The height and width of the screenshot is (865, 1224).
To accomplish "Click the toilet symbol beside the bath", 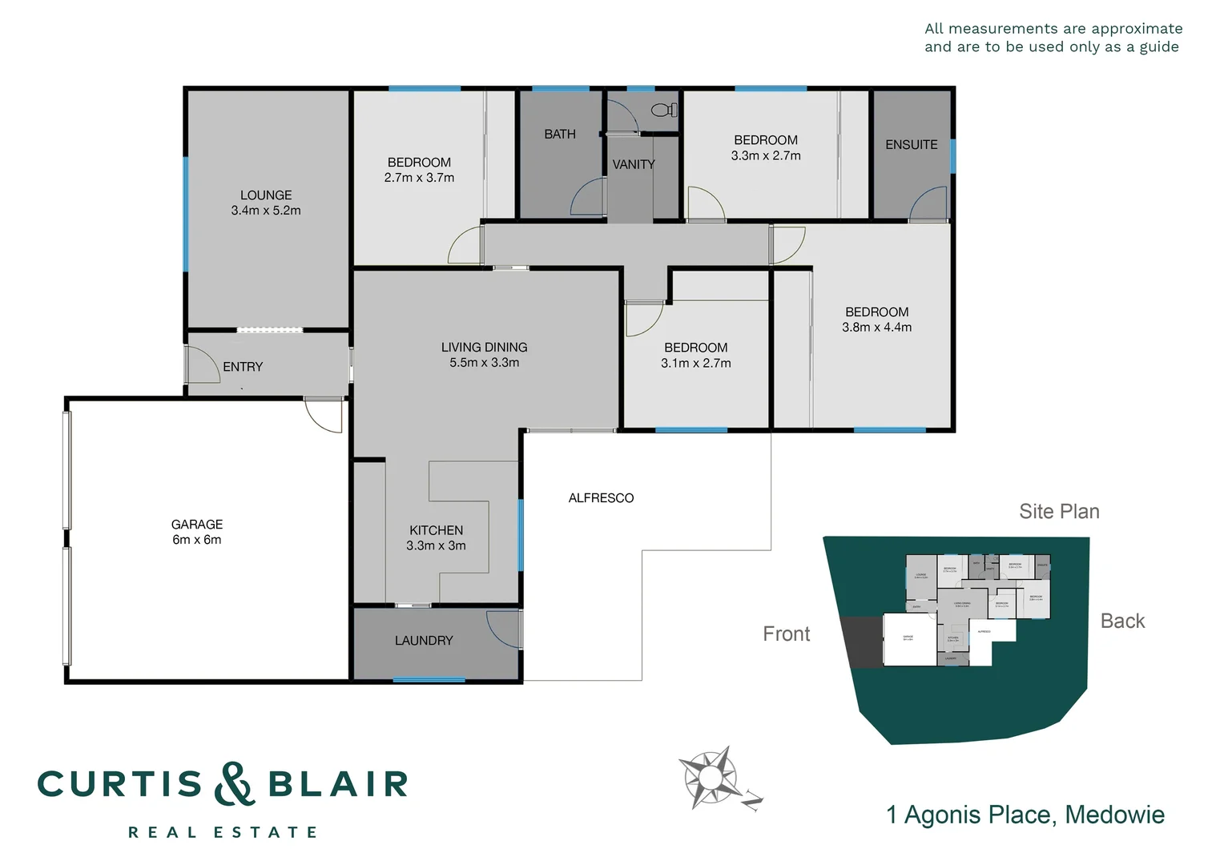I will coord(664,110).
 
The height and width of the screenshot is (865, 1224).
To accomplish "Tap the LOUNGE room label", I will coord(266,195).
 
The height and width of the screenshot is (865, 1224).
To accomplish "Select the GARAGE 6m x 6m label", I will coord(197,532).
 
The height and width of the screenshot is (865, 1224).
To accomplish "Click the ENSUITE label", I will coord(911,145).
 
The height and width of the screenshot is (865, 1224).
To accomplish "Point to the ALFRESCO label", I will coord(601,498).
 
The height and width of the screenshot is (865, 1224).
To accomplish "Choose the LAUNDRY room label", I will coord(424,641).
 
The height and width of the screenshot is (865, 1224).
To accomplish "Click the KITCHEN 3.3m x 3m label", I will coord(436,537).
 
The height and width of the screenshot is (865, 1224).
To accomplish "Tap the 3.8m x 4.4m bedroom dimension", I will coord(876,328).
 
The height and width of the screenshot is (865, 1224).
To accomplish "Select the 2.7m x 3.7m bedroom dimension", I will coord(419,178).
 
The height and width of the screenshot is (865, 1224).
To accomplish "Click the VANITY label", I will coord(634,164).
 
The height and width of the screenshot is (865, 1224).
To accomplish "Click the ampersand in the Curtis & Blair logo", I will coord(234,784).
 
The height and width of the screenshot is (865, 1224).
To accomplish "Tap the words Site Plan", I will coord(1059,512).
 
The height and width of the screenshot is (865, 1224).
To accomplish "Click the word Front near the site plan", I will coord(787,634).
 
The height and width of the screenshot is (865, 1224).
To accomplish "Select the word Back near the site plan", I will coord(1122,622).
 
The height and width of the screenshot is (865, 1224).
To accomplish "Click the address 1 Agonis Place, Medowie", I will coord(1025,815).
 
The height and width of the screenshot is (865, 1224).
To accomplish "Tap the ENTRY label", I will coord(243,367).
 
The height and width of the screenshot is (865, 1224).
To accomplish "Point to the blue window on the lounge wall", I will coord(186,214).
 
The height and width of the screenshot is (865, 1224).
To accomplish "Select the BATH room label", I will coord(560,135).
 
